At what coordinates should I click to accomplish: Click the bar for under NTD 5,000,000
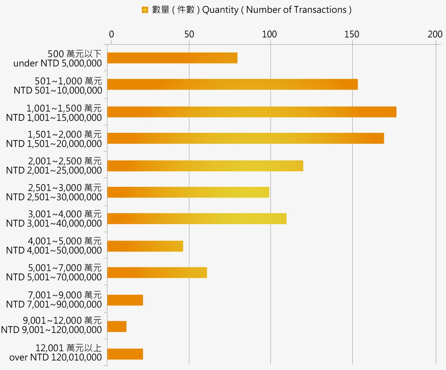pos(172,58)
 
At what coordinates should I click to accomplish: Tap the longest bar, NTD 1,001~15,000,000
pos(251,112)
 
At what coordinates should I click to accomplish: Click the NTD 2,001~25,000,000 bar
pos(205,166)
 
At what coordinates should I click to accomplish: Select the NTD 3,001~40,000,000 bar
pos(197,219)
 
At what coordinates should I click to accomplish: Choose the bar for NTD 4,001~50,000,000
pos(145,246)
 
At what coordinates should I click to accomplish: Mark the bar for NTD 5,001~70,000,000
pos(157,273)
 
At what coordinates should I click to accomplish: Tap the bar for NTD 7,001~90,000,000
pos(125,300)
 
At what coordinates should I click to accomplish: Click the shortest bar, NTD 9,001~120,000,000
pos(117,327)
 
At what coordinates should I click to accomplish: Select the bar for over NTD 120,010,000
pos(125,354)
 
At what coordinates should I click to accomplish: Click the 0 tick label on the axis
pos(111,34)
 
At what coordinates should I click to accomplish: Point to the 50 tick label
pos(189,34)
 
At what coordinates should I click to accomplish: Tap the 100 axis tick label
pos(269,34)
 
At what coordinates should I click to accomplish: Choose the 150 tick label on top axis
pos(351,34)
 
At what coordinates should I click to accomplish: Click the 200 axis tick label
pos(435,34)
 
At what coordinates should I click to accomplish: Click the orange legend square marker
pos(145,10)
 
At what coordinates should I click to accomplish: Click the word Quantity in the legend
pos(220,10)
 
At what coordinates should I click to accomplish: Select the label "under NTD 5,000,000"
pos(58,63)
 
